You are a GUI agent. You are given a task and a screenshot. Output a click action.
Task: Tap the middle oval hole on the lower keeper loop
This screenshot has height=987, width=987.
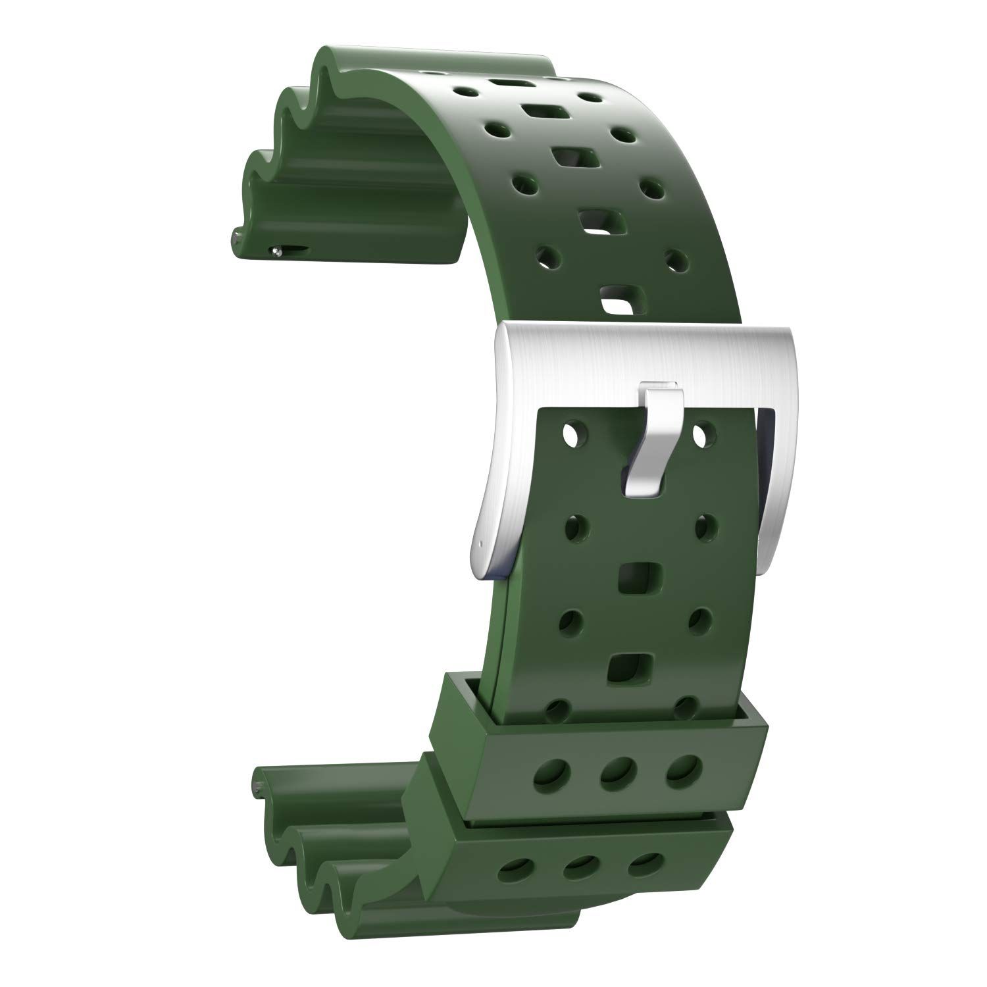click(576, 865)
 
